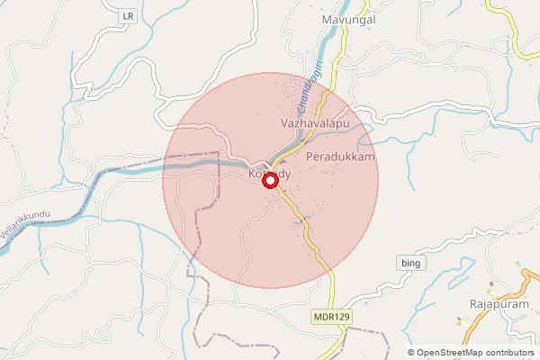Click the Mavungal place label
pyautogui.click(x=348, y=18)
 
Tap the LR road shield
pyautogui.click(x=130, y=17)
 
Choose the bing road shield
pyautogui.click(x=408, y=262)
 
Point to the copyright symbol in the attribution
pyautogui.click(x=411, y=352)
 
